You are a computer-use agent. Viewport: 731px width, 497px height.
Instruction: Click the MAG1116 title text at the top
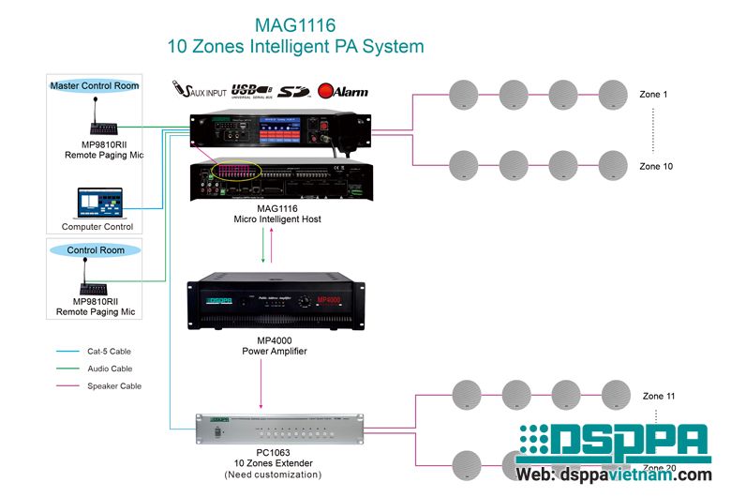(x=294, y=23)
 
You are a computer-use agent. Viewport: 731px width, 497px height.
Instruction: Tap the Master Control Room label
(x=95, y=85)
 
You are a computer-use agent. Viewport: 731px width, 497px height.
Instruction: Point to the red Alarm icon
(x=342, y=91)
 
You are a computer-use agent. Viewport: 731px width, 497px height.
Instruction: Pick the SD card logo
(x=294, y=91)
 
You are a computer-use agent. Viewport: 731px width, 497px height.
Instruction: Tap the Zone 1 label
(x=653, y=95)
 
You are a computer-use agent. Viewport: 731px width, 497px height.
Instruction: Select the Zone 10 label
(x=656, y=166)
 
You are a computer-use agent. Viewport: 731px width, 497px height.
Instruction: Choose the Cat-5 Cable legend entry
(x=109, y=352)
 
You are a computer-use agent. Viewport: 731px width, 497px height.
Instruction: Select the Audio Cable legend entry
(x=110, y=369)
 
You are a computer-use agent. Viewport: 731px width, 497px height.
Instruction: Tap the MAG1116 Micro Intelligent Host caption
(x=276, y=213)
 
